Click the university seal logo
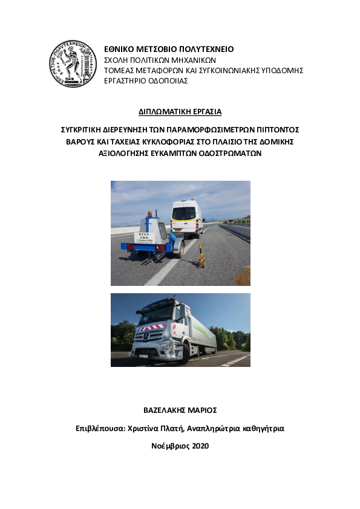point(73,63)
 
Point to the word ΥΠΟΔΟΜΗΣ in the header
point(281,70)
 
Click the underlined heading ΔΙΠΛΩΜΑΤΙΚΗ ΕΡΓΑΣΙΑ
point(180,112)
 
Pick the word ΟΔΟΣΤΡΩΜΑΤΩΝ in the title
point(224,153)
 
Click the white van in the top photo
point(186,219)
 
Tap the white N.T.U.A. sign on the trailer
point(145,238)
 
